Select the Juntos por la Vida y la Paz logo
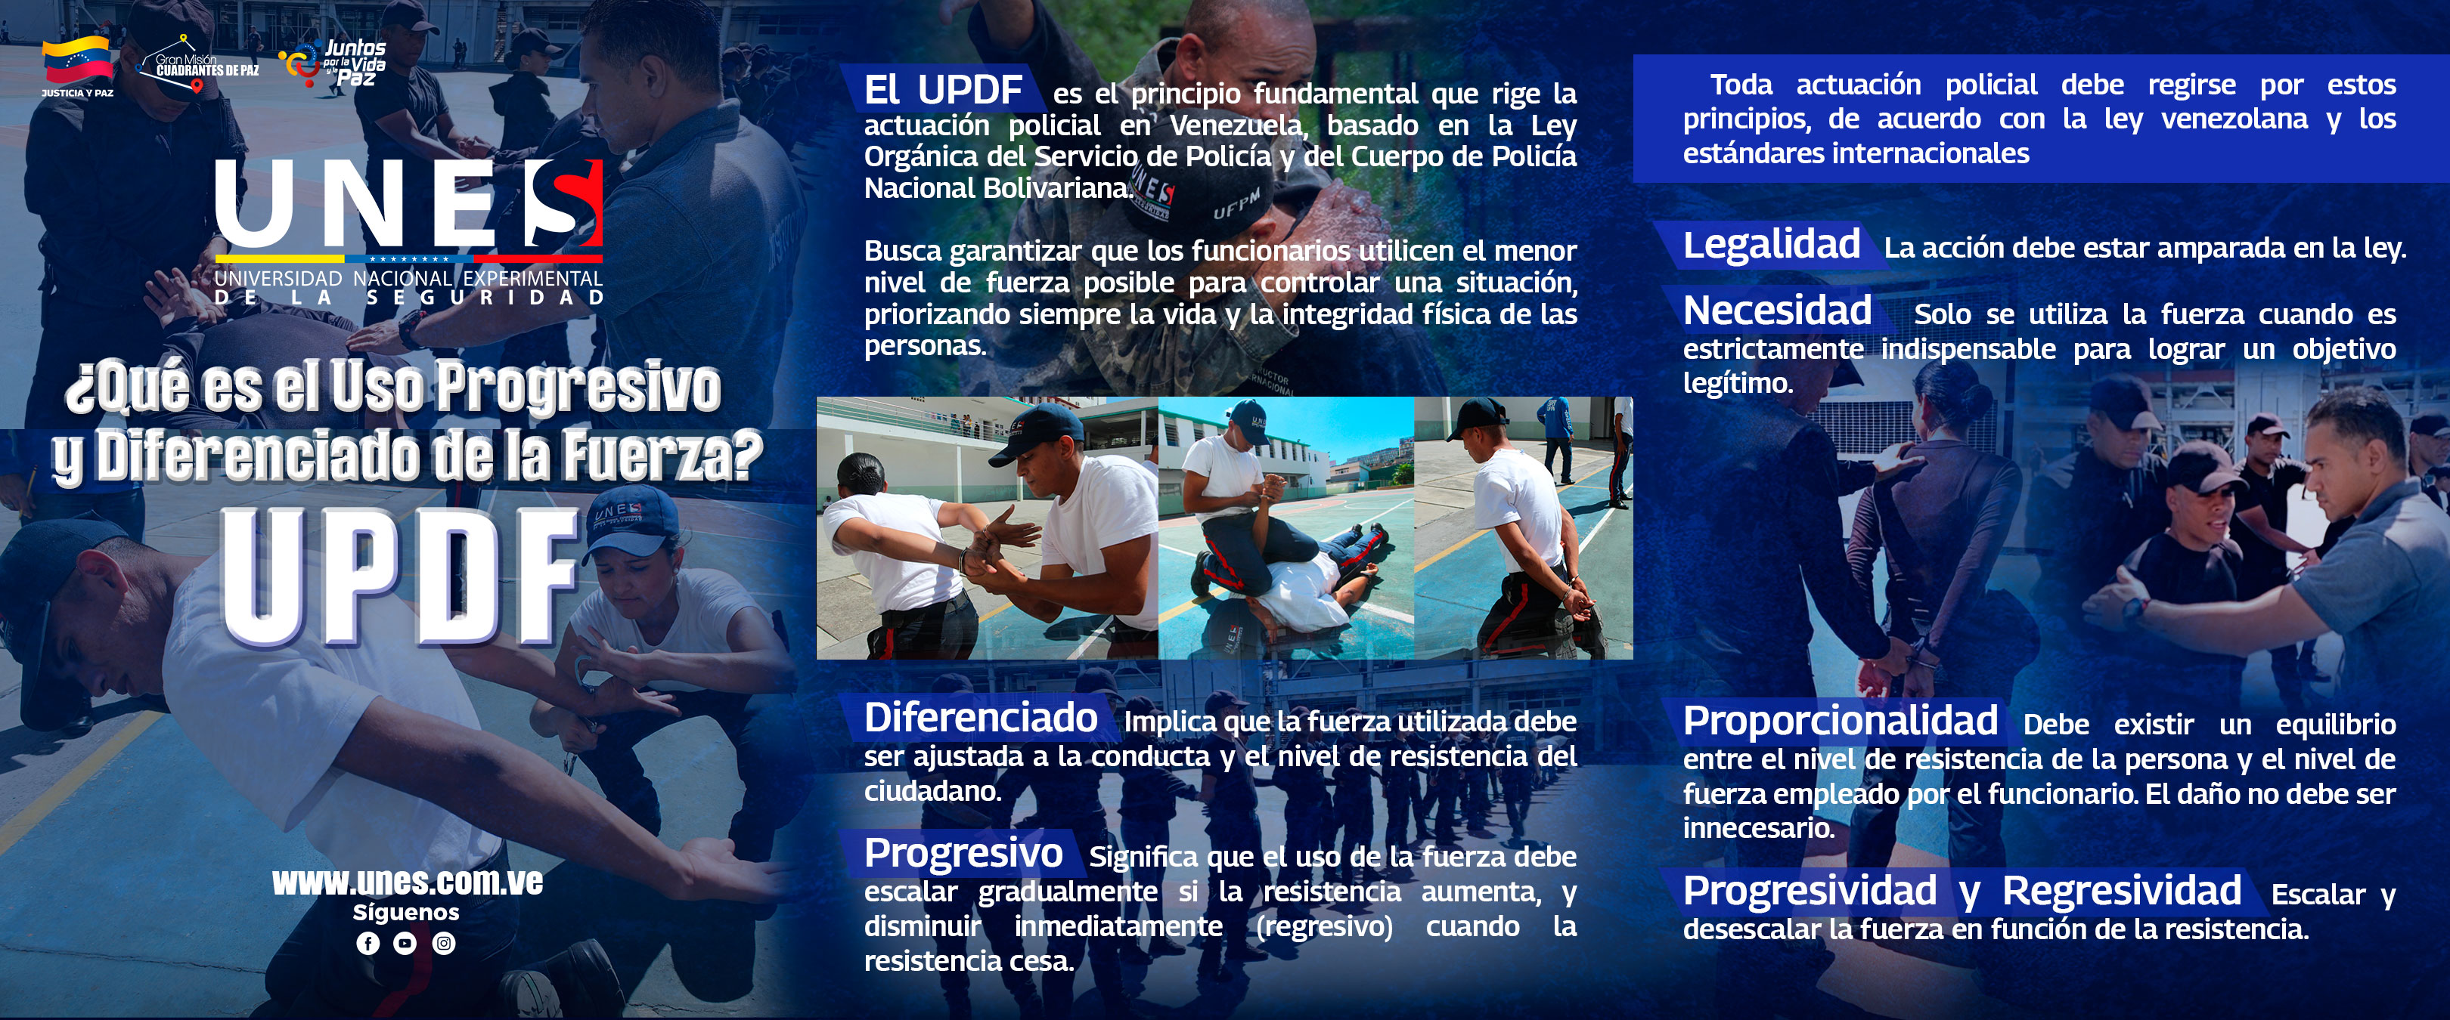point(333,63)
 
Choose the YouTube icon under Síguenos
point(405,943)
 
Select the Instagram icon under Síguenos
point(444,943)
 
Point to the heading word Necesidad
point(1778,311)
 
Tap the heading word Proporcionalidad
point(1841,722)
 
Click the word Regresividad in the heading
point(2122,891)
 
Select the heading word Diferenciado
point(981,718)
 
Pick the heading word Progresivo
point(963,854)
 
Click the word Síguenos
point(406,912)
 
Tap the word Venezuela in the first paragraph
point(1236,125)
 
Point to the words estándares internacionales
point(1856,153)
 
